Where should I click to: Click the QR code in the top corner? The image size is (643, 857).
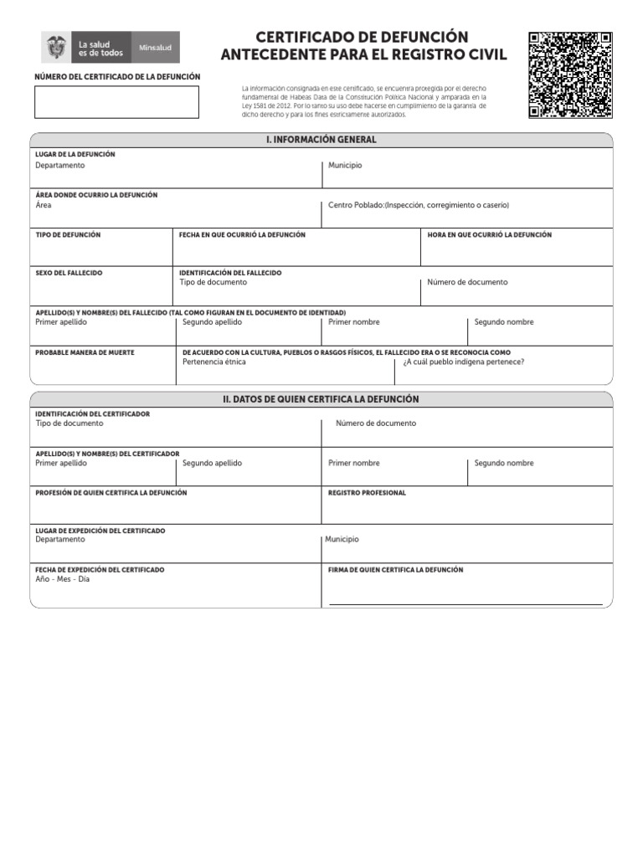[x=570, y=75]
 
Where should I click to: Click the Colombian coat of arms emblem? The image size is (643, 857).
[x=57, y=47]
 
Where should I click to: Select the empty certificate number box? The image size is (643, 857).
[x=116, y=102]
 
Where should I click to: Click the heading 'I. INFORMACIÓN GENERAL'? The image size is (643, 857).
[x=321, y=140]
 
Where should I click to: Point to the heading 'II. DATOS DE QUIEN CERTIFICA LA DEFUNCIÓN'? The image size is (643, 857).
[x=321, y=399]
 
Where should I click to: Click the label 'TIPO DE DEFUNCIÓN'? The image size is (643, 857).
[x=68, y=235]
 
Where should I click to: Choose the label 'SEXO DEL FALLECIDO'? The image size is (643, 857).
[x=69, y=273]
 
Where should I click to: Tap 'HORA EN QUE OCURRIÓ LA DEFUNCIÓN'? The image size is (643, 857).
[x=490, y=235]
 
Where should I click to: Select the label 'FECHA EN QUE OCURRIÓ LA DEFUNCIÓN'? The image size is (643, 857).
[x=243, y=235]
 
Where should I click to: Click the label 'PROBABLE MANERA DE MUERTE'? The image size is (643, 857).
[x=85, y=352]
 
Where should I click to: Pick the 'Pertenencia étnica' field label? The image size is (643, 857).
[x=214, y=362]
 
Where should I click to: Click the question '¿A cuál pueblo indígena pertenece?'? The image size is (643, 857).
[x=463, y=362]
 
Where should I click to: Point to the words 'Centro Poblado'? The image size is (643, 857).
[x=355, y=205]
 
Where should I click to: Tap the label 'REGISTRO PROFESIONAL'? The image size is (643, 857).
[x=367, y=493]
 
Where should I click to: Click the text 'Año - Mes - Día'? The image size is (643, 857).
[x=62, y=579]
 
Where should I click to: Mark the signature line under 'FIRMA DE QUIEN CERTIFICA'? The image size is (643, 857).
[x=466, y=603]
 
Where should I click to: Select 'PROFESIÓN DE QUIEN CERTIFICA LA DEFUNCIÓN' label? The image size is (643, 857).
[x=111, y=493]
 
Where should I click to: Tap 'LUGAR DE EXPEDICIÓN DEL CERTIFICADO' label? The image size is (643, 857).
[x=100, y=531]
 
